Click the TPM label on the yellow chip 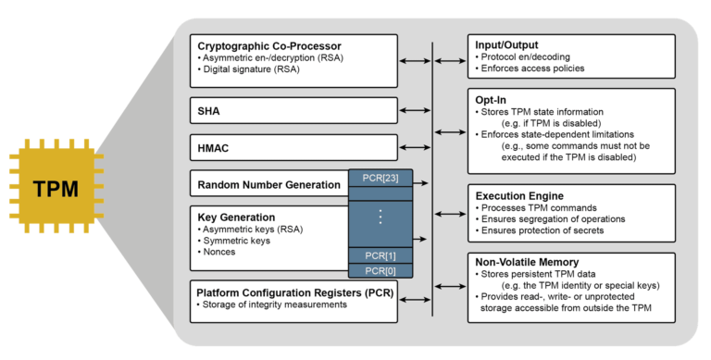(56, 189)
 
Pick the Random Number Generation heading (269, 184)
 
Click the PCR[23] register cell (380, 178)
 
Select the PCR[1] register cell (380, 254)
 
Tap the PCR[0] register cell (380, 270)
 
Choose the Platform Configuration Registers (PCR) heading (293, 292)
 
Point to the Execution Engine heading (518, 195)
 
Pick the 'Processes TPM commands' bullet (536, 207)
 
